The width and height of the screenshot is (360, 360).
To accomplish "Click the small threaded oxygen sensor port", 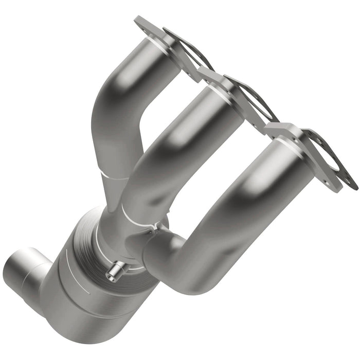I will click(116, 271).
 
